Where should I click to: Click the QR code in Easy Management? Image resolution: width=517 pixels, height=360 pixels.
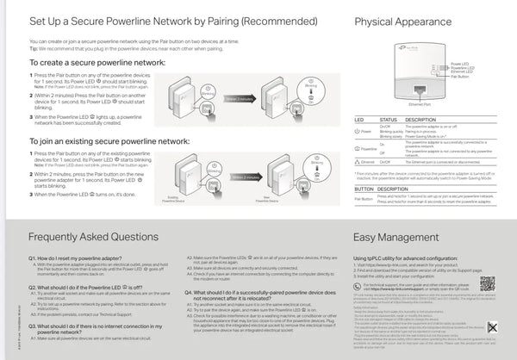(x=488, y=282)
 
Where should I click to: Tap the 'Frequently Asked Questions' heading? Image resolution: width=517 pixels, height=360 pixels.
(x=93, y=235)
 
